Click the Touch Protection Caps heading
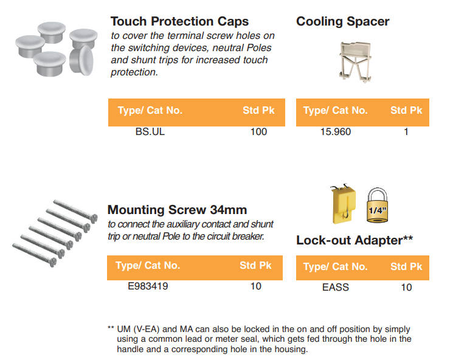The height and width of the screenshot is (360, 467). pos(179,21)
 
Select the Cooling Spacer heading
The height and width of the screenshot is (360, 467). pos(342,21)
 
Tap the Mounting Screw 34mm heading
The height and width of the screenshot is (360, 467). pos(177,210)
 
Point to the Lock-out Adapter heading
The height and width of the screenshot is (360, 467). pos(355,240)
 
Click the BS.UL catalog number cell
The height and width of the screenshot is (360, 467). pos(150,131)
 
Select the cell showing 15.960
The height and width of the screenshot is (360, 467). pos(336,131)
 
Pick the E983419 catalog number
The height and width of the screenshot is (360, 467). pos(148,286)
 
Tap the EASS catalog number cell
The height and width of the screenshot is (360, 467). pos(336,288)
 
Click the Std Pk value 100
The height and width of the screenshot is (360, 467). pos(258,131)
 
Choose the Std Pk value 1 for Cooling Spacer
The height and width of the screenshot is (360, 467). pos(406,131)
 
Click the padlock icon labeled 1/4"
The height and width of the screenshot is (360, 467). pos(377,205)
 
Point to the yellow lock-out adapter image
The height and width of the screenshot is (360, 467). pos(343,203)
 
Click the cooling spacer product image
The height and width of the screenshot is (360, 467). pos(355,62)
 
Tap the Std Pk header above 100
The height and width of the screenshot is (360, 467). pos(258,111)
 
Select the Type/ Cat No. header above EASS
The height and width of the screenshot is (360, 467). pos(336,266)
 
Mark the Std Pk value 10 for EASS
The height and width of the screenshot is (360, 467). pos(406,288)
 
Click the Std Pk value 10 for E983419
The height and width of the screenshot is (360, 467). pos(256,286)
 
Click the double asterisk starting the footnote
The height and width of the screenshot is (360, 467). pos(111,328)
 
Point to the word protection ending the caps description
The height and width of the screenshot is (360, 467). pos(134,72)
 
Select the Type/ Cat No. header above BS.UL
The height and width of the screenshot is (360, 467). pos(150,111)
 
